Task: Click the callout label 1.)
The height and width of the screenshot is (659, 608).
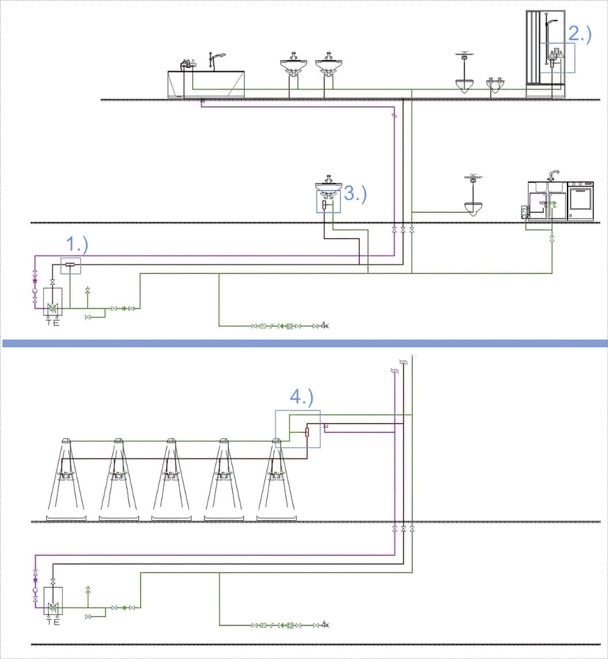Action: coord(77,244)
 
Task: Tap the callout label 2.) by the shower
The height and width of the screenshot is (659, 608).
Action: coord(579,34)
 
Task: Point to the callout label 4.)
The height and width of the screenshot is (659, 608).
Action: coord(302,398)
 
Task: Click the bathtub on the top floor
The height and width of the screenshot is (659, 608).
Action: coord(207,83)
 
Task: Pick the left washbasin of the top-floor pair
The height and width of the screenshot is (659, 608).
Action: coord(294,67)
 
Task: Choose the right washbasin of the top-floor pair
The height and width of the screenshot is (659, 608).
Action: coord(328,67)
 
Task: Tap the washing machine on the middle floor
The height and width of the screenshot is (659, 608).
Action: coord(581,201)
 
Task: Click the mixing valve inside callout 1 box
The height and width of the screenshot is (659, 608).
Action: coord(70,264)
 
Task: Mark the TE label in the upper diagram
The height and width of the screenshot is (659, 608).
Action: coord(52,323)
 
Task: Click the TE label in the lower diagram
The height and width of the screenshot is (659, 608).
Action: coord(52,622)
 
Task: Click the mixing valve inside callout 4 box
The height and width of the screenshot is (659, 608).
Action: coord(307,433)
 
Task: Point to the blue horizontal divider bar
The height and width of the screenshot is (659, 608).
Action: coord(304,343)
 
